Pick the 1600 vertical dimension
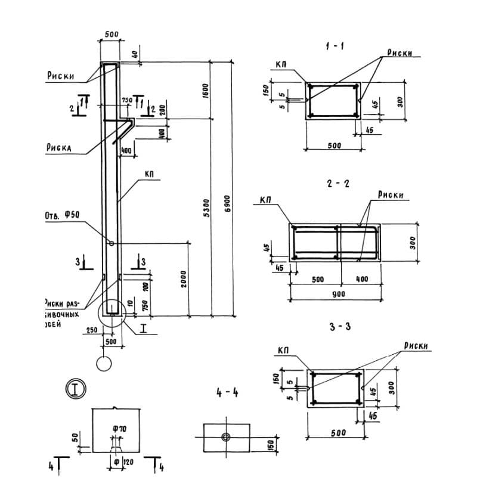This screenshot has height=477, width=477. click(x=206, y=90)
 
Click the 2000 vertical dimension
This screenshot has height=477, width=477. click(x=184, y=279)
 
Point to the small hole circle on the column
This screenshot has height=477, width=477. click(x=111, y=243)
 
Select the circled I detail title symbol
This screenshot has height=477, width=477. click(x=76, y=389)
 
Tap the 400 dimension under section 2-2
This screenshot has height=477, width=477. click(x=363, y=279)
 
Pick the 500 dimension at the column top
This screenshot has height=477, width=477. click(x=111, y=35)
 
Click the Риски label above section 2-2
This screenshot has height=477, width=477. click(x=391, y=195)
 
